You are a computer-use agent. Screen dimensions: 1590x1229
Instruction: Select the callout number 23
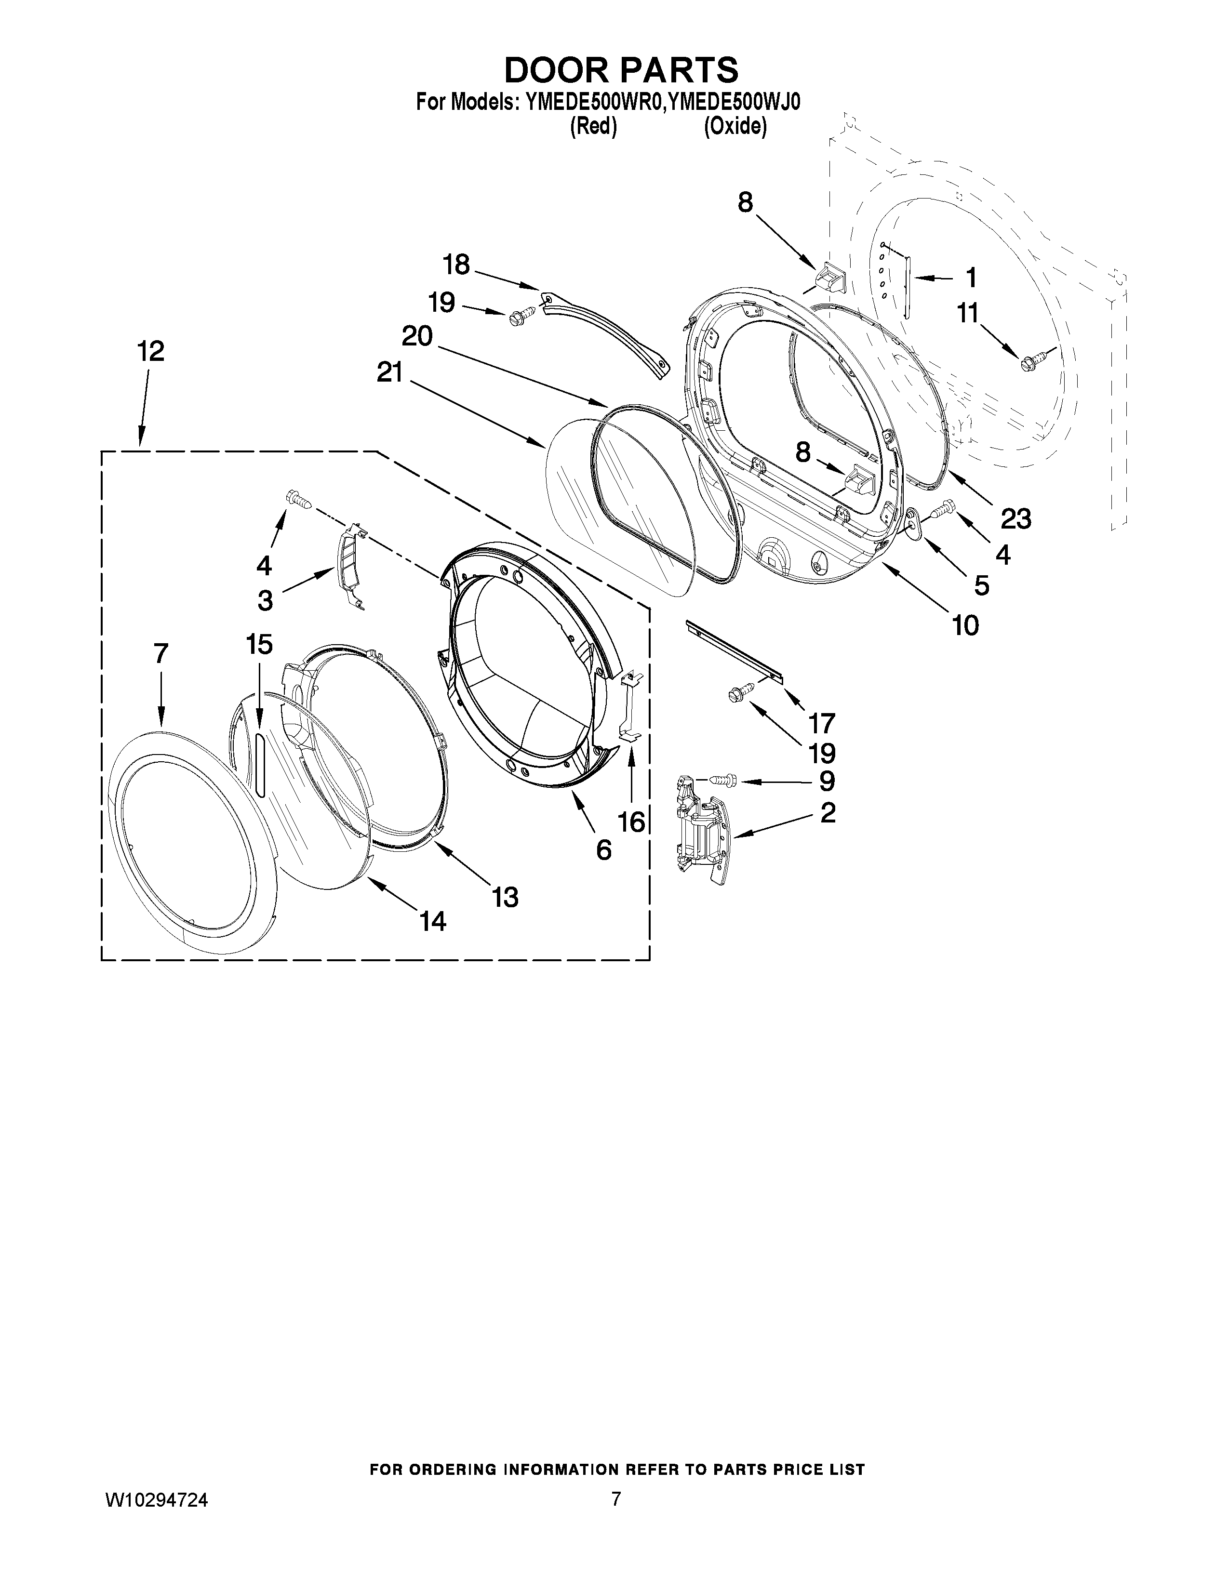[1015, 519]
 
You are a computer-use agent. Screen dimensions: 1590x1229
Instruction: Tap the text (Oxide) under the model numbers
[735, 127]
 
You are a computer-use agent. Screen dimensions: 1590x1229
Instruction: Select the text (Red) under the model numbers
[593, 127]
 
